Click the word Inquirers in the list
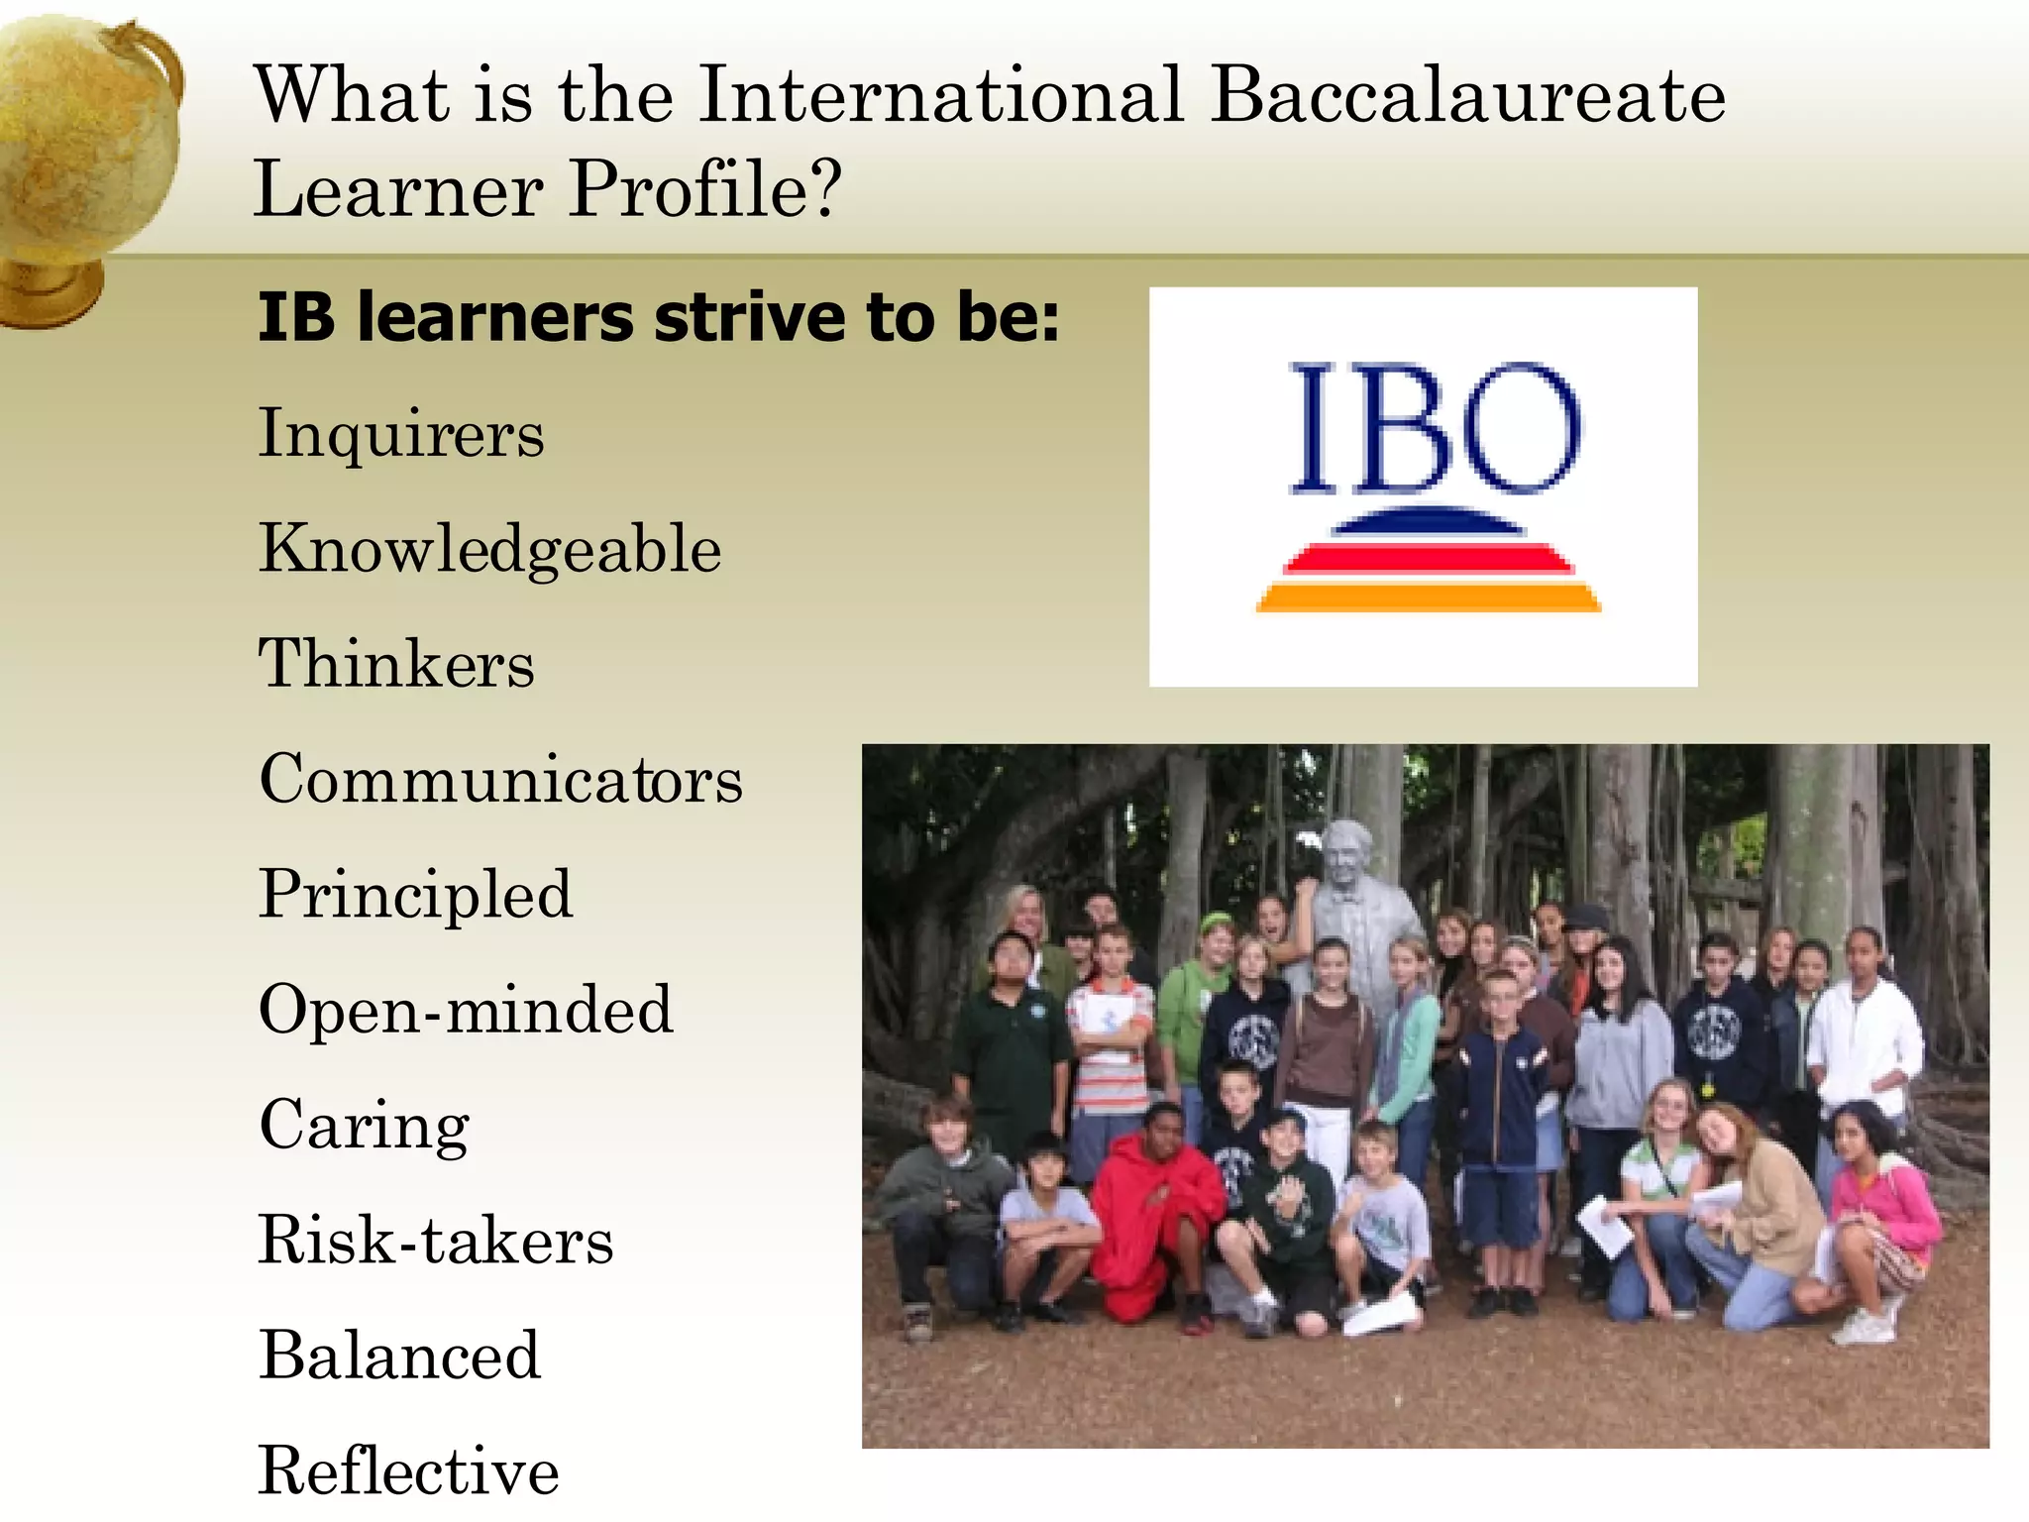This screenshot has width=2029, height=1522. (401, 434)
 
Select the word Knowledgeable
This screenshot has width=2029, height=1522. (489, 549)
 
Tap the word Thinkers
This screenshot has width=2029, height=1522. (396, 663)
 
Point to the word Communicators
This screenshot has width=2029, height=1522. (500, 779)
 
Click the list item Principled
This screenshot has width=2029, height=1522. (415, 894)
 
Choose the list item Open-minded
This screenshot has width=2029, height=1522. (466, 1009)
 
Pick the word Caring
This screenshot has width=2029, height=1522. (364, 1125)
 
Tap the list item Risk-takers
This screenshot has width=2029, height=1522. (436, 1240)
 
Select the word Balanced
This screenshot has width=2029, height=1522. (399, 1356)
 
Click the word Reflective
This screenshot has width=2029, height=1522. (408, 1470)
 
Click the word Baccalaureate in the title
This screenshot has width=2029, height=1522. (1468, 95)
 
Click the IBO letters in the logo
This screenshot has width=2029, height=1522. (1434, 428)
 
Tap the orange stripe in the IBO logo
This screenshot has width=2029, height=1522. (1428, 598)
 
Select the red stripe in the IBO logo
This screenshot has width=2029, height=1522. (1428, 559)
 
